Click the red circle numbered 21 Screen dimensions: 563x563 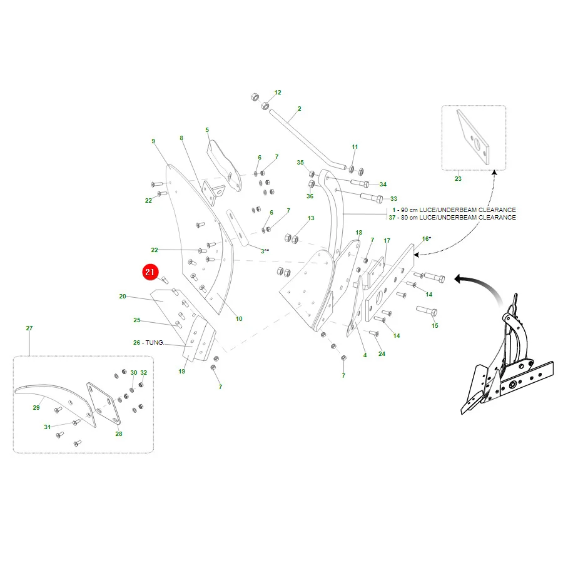[x=150, y=272]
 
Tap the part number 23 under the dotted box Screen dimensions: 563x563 [x=458, y=178]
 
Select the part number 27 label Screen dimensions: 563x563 [x=29, y=328]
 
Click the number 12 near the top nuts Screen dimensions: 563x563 [x=278, y=93]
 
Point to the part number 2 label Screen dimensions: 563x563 [x=300, y=108]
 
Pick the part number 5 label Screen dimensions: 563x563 [x=207, y=129]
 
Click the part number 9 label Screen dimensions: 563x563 [x=153, y=141]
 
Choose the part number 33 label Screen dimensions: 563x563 [x=393, y=198]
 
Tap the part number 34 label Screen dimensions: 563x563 [x=383, y=184]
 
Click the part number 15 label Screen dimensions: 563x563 [x=435, y=326]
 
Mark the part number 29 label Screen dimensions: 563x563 [x=36, y=407]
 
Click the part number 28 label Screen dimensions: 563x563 [x=119, y=434]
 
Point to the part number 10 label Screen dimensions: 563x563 [x=239, y=318]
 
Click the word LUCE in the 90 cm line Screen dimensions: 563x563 [x=427, y=210]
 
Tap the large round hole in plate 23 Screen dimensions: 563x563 [x=477, y=144]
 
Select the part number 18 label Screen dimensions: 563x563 [x=358, y=232]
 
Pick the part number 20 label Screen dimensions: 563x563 [x=123, y=297]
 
